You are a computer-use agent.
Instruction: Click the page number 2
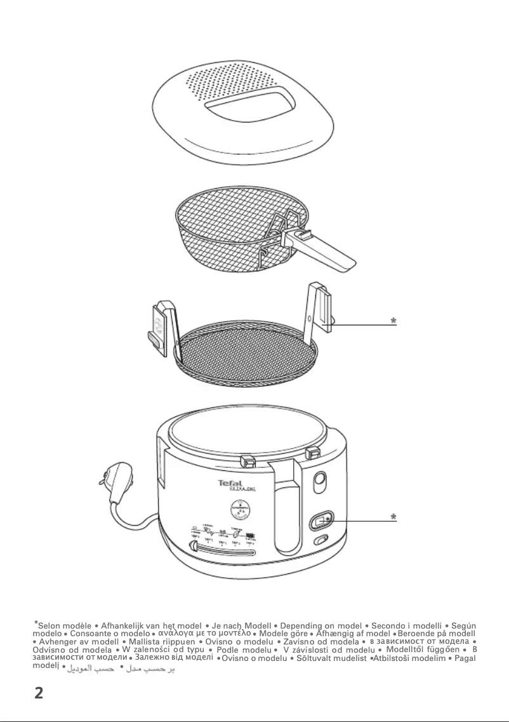38,693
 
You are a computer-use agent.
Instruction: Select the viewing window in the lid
248,107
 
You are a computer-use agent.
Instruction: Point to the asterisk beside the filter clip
393,322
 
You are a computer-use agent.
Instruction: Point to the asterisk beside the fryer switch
393,518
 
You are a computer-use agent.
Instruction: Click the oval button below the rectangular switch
321,541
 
